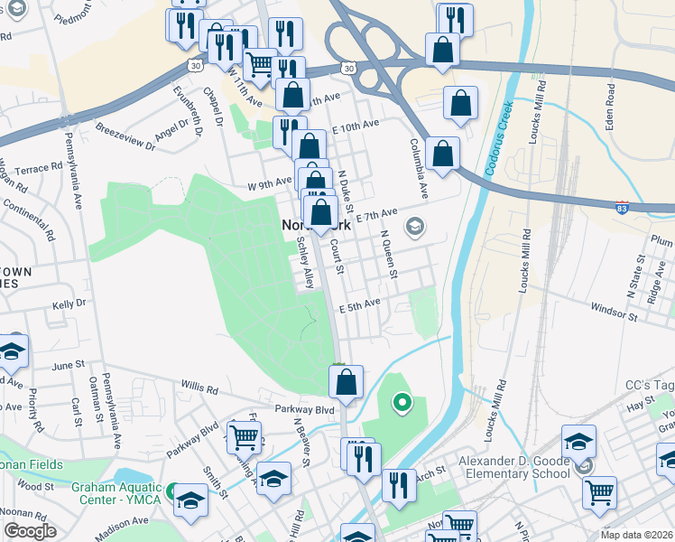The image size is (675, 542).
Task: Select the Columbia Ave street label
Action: click(x=419, y=168)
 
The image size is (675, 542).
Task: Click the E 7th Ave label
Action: click(x=376, y=215)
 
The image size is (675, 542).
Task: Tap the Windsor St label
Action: click(x=615, y=316)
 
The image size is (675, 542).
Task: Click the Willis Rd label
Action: click(x=199, y=390)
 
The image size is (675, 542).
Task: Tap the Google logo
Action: click(x=30, y=531)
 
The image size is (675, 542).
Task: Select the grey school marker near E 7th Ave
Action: click(x=415, y=225)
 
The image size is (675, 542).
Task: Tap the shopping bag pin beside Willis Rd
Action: click(x=347, y=382)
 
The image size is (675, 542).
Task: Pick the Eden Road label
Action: click(x=613, y=106)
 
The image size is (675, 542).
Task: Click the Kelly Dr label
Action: click(x=69, y=305)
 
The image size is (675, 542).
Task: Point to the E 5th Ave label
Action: click(x=359, y=306)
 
